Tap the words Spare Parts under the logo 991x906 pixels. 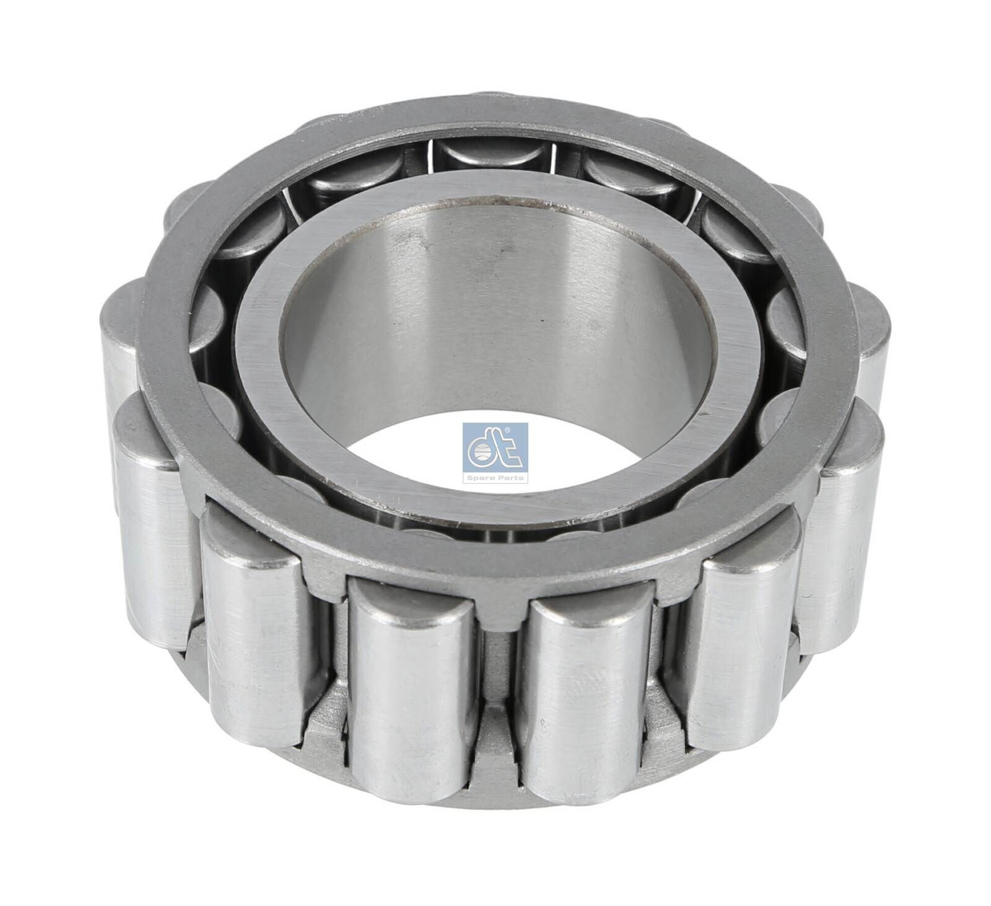(x=495, y=478)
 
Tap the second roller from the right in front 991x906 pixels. (x=737, y=638)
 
